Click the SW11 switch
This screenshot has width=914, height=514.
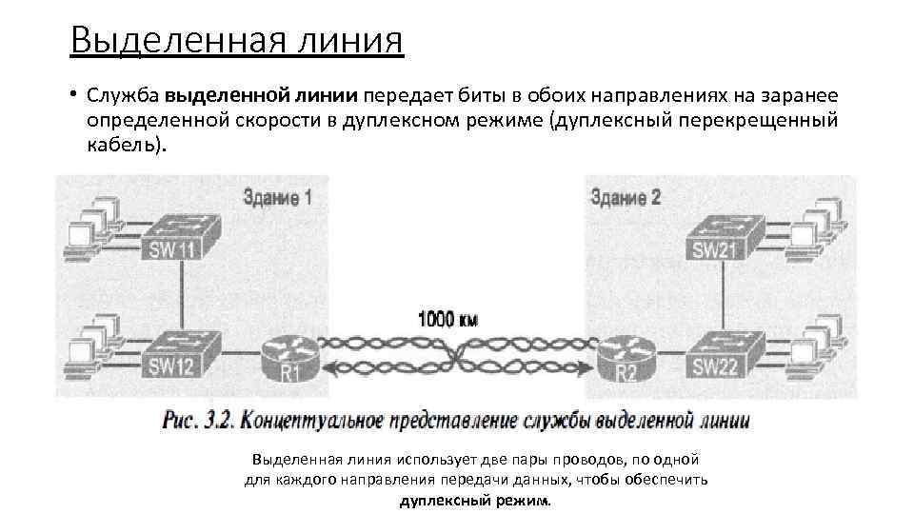pos(181,235)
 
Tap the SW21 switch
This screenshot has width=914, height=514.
pos(725,235)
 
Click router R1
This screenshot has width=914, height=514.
pos(288,360)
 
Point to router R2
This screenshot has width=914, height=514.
pos(626,360)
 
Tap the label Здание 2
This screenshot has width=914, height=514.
pos(626,199)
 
